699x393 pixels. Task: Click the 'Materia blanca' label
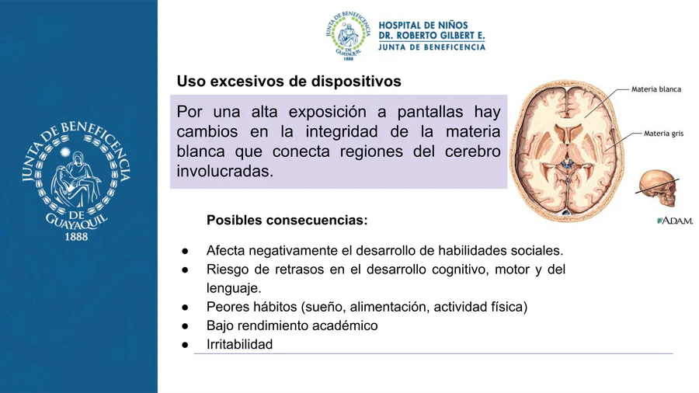656,89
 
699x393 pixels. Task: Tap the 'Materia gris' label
663,134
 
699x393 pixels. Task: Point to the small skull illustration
658,189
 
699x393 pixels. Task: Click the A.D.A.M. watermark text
675,221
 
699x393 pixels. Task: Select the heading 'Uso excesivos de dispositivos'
289,81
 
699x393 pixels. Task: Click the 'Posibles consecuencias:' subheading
287,220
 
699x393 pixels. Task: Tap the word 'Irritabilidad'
239,344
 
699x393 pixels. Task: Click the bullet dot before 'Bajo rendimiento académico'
185,326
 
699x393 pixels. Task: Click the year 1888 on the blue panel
76,237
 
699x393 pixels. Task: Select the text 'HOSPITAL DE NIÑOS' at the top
423,26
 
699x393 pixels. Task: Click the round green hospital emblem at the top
348,36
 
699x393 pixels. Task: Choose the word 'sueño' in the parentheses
325,307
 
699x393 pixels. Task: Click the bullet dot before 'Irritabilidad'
185,345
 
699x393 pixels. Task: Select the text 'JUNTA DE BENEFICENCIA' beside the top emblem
432,47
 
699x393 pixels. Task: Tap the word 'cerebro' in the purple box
472,151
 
